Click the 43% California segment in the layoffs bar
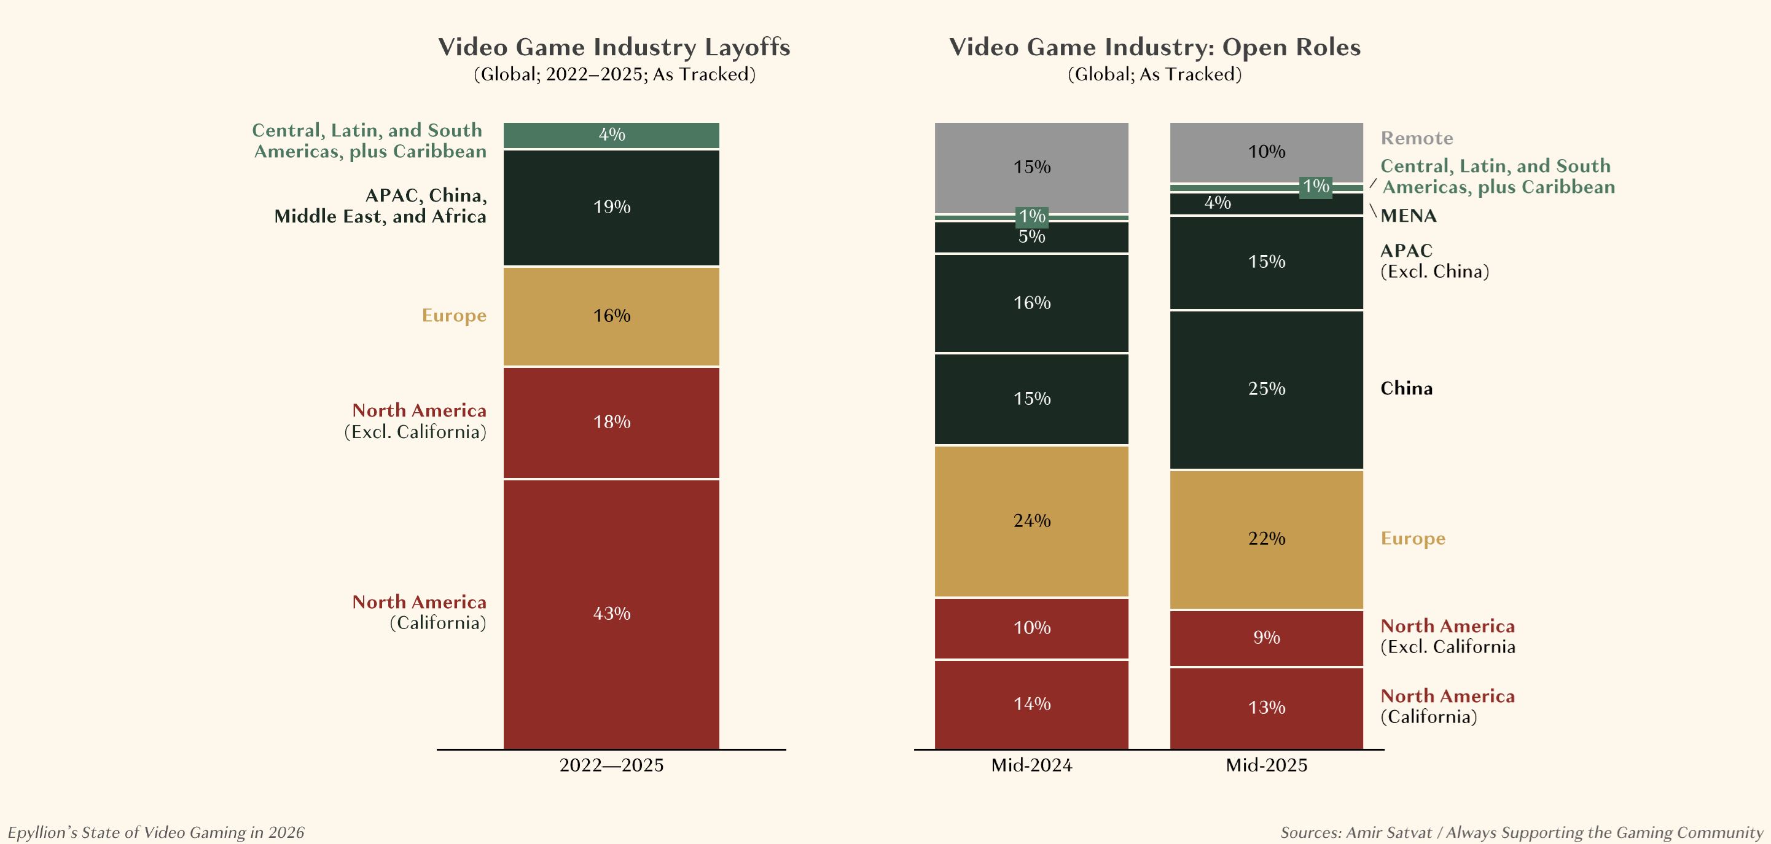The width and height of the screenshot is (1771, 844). (611, 613)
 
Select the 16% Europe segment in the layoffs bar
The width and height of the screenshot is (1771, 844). (611, 316)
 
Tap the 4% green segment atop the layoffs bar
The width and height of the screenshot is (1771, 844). (611, 135)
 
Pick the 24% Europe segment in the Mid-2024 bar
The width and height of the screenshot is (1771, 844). (1031, 521)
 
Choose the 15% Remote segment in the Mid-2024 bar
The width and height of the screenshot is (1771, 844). (1031, 167)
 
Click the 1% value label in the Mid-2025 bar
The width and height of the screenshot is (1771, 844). (1316, 186)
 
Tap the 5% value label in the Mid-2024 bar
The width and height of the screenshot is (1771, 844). (1031, 237)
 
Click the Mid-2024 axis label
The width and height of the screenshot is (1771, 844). (1031, 765)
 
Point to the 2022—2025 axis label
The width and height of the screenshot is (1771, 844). (611, 765)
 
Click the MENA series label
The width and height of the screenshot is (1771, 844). (1408, 216)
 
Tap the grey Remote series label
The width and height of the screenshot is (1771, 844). (1417, 138)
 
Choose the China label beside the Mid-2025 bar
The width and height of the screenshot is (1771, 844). (1406, 388)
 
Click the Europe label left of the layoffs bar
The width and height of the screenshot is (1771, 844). (454, 316)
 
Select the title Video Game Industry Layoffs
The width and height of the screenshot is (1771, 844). (614, 47)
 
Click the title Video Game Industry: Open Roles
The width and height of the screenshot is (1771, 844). (1154, 47)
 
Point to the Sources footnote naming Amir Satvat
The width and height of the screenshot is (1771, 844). (1521, 832)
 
